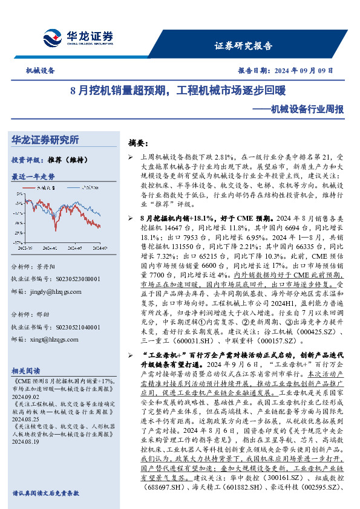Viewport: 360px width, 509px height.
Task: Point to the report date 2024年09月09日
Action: tap(286, 71)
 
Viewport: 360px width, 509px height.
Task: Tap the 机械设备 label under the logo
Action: tap(40, 71)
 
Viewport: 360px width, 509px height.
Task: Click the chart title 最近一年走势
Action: tap(33, 177)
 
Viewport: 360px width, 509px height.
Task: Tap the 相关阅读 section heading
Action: tap(27, 370)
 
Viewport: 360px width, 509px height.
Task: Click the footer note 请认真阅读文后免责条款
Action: tap(45, 493)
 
